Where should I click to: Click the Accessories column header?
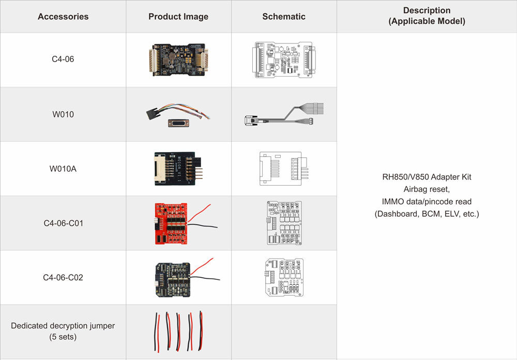pyautogui.click(x=63, y=17)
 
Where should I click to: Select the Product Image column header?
pyautogui.click(x=178, y=17)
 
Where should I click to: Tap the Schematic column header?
pyautogui.click(x=284, y=17)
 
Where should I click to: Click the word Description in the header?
pyautogui.click(x=427, y=10)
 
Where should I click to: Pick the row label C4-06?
pyautogui.click(x=63, y=59)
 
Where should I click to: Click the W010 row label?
pyautogui.click(x=63, y=114)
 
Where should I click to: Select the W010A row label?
pyautogui.click(x=63, y=169)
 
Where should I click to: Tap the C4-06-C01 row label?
pyautogui.click(x=63, y=223)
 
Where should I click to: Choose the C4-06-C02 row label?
pyautogui.click(x=63, y=278)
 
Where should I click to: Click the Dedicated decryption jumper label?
pyautogui.click(x=63, y=326)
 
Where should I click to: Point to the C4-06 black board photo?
pyautogui.click(x=177, y=59)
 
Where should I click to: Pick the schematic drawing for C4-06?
pyautogui.click(x=284, y=59)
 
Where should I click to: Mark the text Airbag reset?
pyautogui.click(x=427, y=189)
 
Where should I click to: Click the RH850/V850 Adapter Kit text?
pyautogui.click(x=427, y=177)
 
